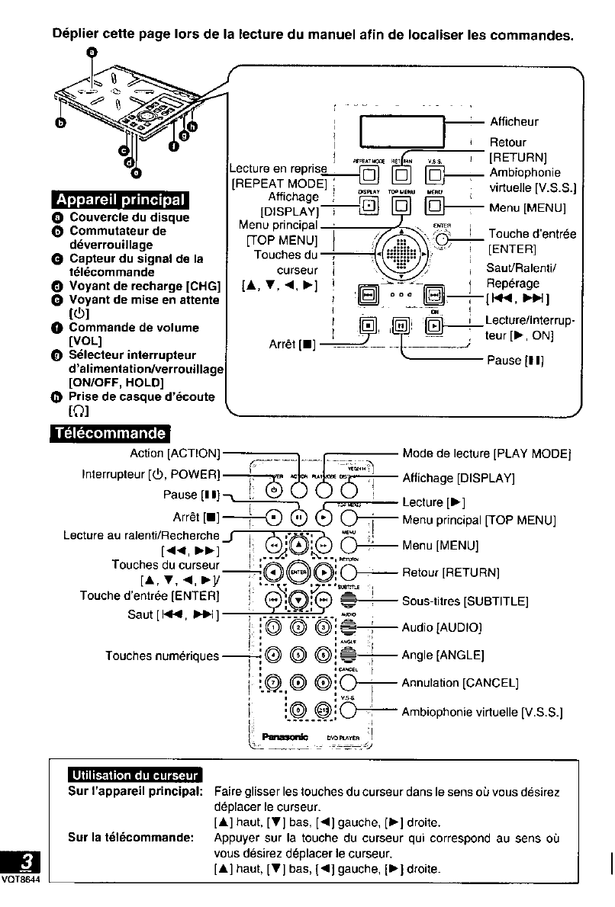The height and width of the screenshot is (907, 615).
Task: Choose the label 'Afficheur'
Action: click(x=514, y=121)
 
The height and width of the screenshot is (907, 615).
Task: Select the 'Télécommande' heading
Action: click(x=108, y=434)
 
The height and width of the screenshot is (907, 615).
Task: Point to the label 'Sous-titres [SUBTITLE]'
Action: click(x=465, y=601)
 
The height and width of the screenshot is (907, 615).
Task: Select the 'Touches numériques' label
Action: click(x=162, y=655)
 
